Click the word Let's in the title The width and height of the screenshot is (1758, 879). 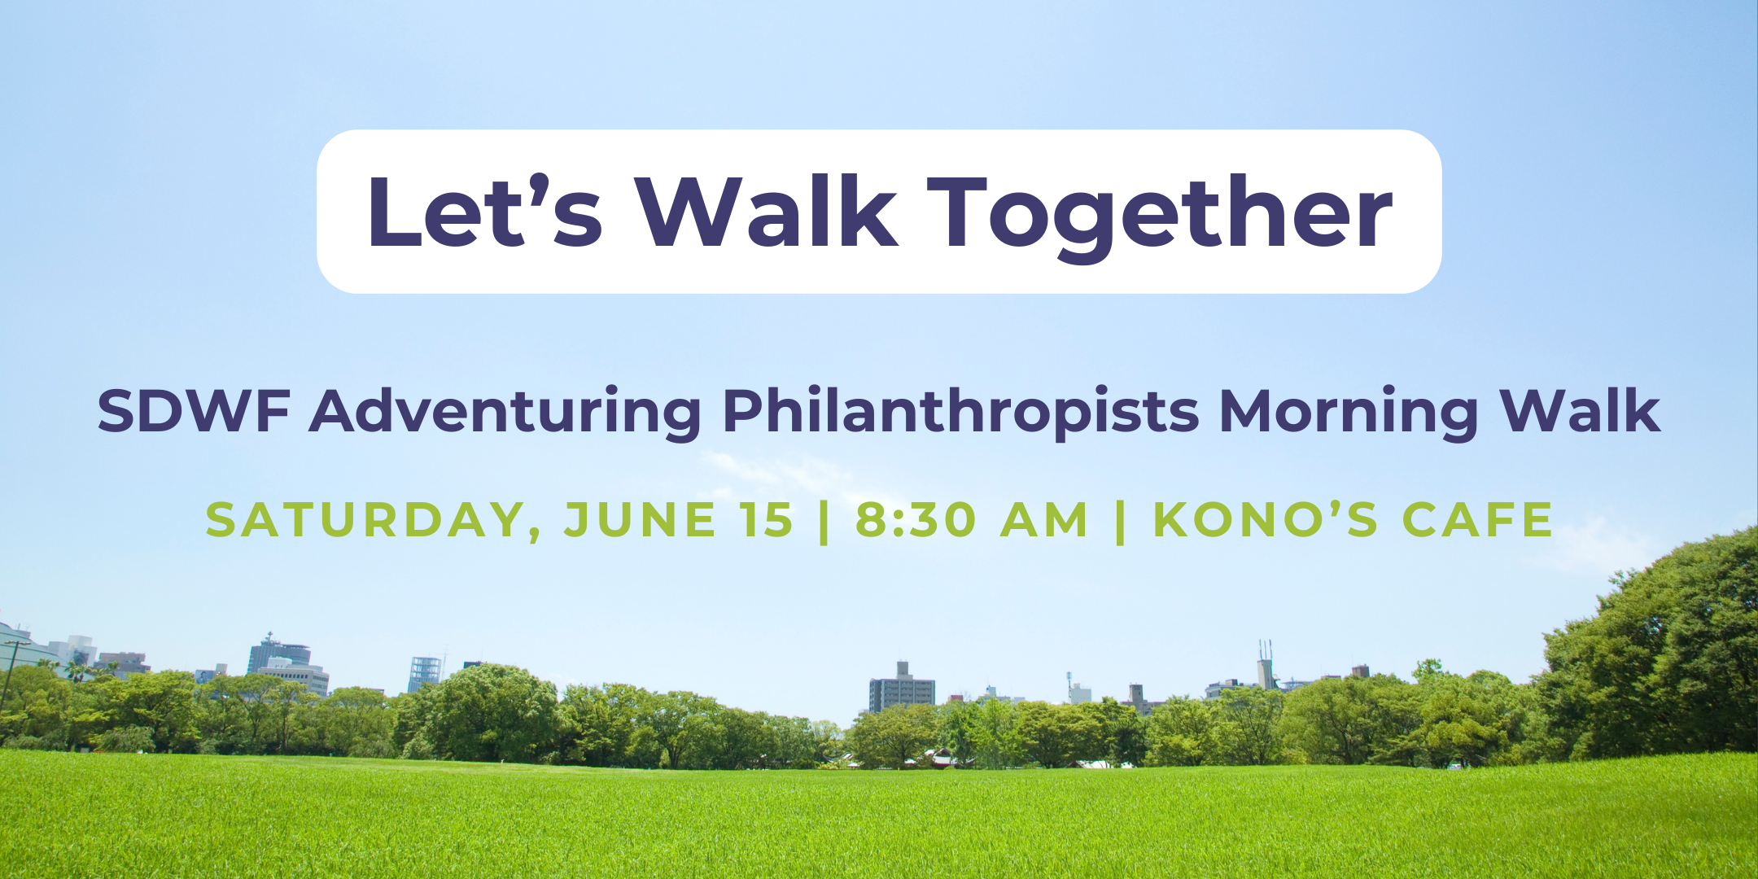click(x=485, y=212)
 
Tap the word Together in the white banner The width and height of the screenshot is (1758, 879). click(x=1161, y=216)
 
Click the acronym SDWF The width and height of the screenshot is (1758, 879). click(x=194, y=411)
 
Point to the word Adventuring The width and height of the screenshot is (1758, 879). click(x=505, y=413)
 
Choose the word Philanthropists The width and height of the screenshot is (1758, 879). click(x=961, y=413)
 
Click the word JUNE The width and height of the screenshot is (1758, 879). click(x=641, y=520)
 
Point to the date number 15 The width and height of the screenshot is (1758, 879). click(x=767, y=520)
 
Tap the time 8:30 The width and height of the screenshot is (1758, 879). click(x=916, y=520)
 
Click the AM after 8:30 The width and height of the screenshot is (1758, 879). click(x=1044, y=520)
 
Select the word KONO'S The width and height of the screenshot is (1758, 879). click(x=1266, y=519)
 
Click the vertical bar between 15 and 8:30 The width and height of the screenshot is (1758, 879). click(x=824, y=522)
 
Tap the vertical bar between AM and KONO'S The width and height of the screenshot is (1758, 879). click(x=1121, y=522)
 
